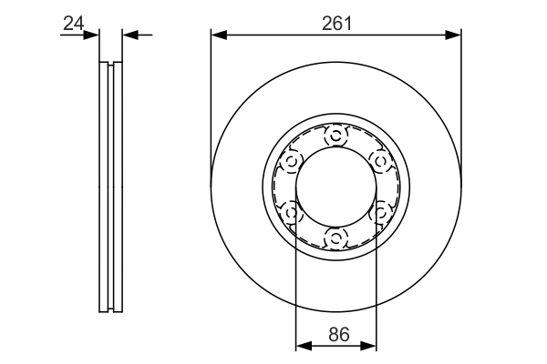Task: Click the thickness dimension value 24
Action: pyautogui.click(x=74, y=22)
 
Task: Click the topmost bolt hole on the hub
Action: pyautogui.click(x=335, y=136)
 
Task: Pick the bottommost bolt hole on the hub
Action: pyautogui.click(x=335, y=238)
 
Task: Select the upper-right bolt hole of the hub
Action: pyautogui.click(x=379, y=162)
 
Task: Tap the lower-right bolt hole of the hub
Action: pyautogui.click(x=379, y=213)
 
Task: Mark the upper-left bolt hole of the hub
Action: pyautogui.click(x=292, y=162)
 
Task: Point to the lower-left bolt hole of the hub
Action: pyautogui.click(x=292, y=213)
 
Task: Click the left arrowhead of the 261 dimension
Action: pyautogui.click(x=217, y=35)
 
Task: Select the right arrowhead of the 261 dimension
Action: pyautogui.click(x=455, y=35)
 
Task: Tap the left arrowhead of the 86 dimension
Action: pyautogui.click(x=303, y=345)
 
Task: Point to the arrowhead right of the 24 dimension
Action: pyautogui.click(x=129, y=35)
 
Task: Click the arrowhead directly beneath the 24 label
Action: pyautogui.click(x=92, y=35)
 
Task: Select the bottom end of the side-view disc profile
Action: pyautogui.click(x=110, y=309)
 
